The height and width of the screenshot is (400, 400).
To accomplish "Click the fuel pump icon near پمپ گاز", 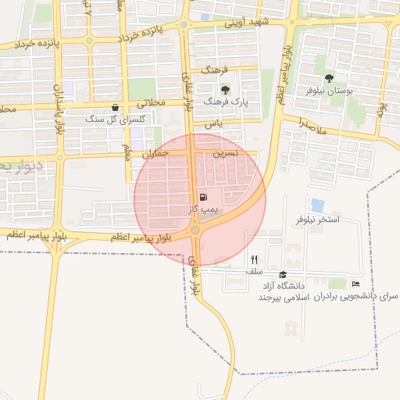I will click(x=204, y=198).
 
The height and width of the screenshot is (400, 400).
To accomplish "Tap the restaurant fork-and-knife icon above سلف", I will click(x=254, y=259).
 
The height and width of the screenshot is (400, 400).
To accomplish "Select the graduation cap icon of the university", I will click(x=283, y=274).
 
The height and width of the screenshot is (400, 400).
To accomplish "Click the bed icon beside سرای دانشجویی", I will click(x=356, y=284).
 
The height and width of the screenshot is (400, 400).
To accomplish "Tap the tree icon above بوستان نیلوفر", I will click(x=328, y=78).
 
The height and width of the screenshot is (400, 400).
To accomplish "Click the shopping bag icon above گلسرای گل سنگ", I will click(x=116, y=108).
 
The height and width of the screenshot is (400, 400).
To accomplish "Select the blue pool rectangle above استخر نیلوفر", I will click(x=317, y=205).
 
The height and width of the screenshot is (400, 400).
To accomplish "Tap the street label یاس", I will click(x=214, y=123).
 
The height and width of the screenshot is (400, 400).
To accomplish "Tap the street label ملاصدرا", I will click(x=312, y=122).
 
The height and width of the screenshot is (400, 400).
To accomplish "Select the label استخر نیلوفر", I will click(x=317, y=220).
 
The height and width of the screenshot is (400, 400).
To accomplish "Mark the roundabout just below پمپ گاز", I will click(x=195, y=230).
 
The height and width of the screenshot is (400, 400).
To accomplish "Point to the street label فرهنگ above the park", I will click(x=219, y=70).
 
